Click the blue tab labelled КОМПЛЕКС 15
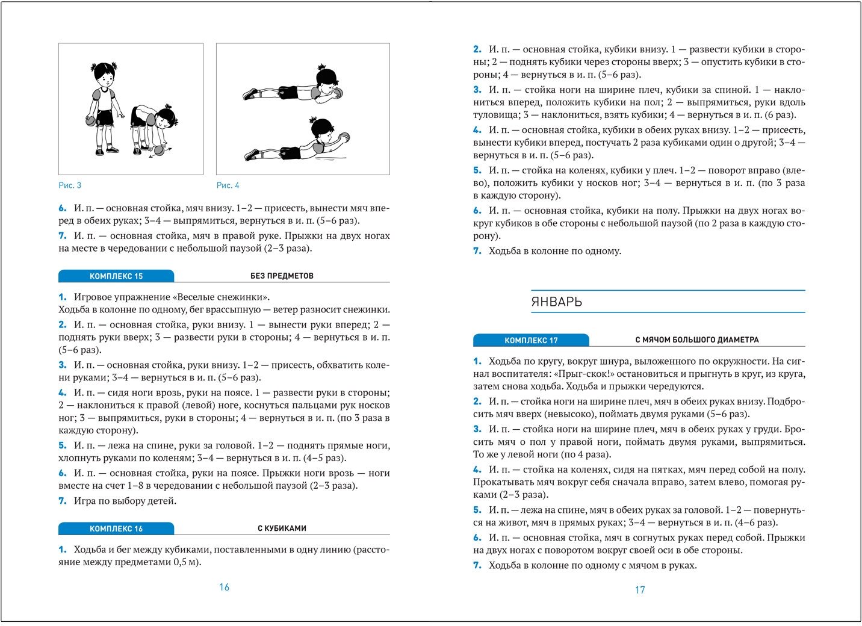pyautogui.click(x=116, y=276)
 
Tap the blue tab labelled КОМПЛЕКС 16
pyautogui.click(x=116, y=528)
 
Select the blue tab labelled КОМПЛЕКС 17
pyautogui.click(x=531, y=340)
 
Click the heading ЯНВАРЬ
pyautogui.click(x=557, y=302)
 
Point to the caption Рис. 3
pyautogui.click(x=70, y=185)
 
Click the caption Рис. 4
pyautogui.click(x=228, y=185)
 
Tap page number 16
pyautogui.click(x=224, y=587)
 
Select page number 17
pyautogui.click(x=640, y=590)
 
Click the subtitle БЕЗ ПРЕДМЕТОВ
pyautogui.click(x=282, y=276)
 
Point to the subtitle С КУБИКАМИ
pyautogui.click(x=282, y=528)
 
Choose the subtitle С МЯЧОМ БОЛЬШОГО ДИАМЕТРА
pyautogui.click(x=697, y=340)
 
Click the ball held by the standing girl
pyautogui.click(x=91, y=120)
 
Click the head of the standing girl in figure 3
pyautogui.click(x=103, y=76)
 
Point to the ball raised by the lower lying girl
pyautogui.click(x=344, y=137)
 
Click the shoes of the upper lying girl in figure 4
pyautogui.click(x=250, y=94)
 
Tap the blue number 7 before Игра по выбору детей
pyautogui.click(x=62, y=501)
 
